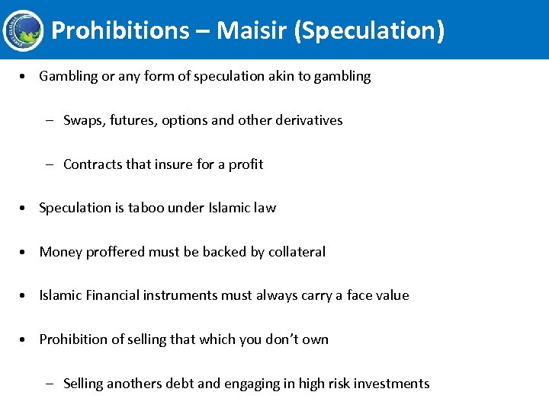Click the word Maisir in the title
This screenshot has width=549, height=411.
(x=251, y=30)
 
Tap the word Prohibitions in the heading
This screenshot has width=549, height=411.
(x=120, y=30)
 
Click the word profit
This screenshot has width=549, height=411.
(x=246, y=164)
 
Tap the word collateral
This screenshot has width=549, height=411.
(x=297, y=252)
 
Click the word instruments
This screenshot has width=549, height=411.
(x=185, y=295)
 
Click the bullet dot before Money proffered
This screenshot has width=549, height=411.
(x=27, y=252)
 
